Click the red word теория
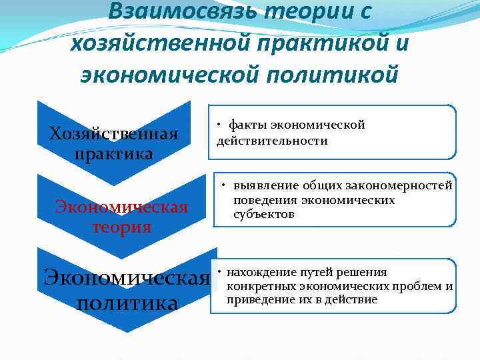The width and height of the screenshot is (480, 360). pyautogui.click(x=121, y=227)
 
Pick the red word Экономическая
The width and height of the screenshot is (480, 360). pyautogui.click(x=121, y=206)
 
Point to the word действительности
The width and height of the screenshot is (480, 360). pyautogui.click(x=271, y=141)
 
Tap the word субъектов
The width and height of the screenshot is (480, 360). pyautogui.click(x=264, y=214)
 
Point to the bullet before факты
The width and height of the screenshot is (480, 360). pyautogui.click(x=219, y=125)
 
